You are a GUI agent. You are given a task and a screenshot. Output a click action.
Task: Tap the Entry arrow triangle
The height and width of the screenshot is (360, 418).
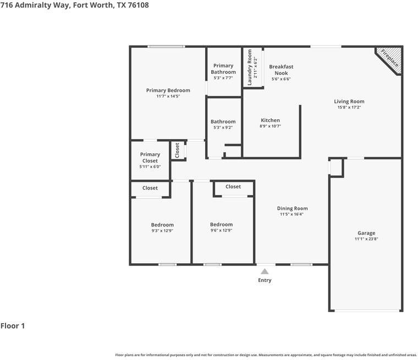[265, 271]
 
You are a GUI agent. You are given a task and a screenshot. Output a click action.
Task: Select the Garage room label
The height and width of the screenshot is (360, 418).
[366, 233]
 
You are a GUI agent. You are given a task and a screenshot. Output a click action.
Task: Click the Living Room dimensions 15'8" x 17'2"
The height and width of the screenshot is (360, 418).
[349, 108]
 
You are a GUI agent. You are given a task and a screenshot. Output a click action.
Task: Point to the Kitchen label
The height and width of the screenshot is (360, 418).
[270, 120]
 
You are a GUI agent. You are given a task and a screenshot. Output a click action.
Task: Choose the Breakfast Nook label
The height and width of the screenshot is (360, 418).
[280, 70]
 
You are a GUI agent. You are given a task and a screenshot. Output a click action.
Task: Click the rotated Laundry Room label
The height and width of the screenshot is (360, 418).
[250, 67]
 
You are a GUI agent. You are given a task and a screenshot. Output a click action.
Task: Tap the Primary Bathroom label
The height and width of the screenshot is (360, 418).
[223, 69]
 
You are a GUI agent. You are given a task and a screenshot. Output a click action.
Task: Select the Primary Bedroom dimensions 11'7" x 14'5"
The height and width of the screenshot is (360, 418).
[168, 96]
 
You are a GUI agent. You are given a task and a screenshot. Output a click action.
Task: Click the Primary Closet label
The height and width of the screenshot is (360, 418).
[150, 158]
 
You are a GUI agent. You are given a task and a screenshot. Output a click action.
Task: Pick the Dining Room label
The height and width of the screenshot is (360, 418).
[292, 208]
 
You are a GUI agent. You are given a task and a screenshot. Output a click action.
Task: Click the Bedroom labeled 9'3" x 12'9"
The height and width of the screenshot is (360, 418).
[162, 225]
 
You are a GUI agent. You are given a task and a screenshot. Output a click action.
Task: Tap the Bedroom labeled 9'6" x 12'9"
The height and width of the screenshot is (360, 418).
[221, 224]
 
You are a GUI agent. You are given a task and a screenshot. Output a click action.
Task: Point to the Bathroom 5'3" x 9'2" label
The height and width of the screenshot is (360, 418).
[223, 122]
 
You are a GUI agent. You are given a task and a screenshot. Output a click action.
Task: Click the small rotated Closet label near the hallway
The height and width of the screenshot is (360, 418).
[177, 150]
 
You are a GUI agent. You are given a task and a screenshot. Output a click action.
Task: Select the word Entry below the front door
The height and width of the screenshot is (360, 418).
[265, 280]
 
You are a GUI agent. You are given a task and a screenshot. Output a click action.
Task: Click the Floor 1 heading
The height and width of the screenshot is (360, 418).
[13, 326]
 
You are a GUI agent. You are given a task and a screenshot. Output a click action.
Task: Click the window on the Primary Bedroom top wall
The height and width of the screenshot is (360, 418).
[166, 47]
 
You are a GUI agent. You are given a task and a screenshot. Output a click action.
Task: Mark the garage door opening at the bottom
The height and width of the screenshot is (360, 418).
[367, 311]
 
